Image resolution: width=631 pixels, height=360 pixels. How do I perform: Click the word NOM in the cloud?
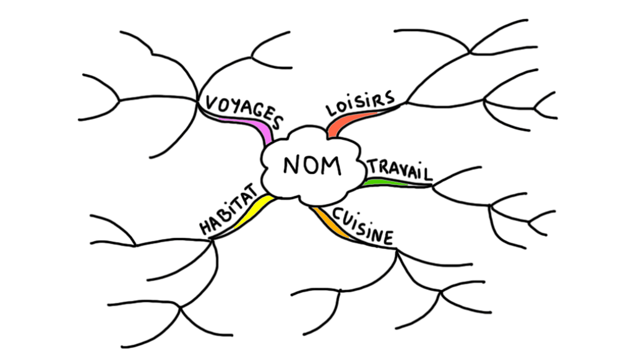click(312, 166)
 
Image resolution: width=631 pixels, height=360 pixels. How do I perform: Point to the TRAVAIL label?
click(398, 169)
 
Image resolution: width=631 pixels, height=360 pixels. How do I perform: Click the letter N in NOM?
click(291, 166)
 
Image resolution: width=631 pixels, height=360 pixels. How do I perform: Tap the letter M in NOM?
click(333, 166)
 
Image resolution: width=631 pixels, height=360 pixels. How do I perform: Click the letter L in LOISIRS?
click(330, 110)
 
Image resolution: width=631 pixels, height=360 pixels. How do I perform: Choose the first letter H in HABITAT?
click(206, 226)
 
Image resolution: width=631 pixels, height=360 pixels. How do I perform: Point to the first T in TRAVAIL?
click(374, 165)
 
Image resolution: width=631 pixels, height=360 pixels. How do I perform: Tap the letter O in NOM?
click(311, 166)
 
